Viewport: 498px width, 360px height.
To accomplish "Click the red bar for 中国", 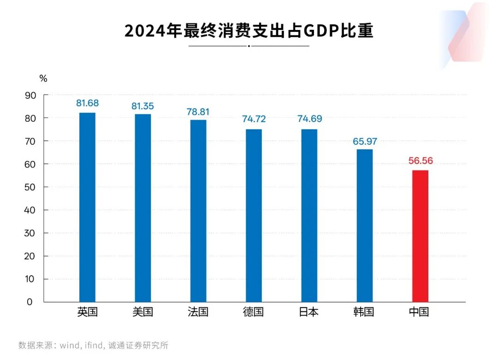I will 420,236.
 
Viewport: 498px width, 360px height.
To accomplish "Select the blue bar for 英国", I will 87,207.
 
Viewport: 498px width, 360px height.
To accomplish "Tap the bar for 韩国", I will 364,225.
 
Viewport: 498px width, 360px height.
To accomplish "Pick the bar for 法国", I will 198,211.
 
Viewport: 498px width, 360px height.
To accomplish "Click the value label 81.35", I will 142,106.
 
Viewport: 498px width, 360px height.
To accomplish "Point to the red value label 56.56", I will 421,161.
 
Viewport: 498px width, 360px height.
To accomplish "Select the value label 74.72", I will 254,119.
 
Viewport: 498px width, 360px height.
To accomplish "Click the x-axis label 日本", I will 308,312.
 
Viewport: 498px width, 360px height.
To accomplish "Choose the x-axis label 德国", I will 253,312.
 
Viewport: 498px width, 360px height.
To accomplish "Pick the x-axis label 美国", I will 142,312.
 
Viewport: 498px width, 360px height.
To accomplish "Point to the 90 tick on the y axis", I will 30,95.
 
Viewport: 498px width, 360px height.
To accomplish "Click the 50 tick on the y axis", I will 30,187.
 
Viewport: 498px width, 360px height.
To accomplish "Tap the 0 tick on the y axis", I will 30,302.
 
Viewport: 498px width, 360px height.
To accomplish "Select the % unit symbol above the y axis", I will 43,79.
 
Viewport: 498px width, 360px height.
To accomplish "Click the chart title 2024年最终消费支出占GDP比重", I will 249,31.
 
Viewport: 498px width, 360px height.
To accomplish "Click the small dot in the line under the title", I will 249,46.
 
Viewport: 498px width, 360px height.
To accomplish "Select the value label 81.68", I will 88,103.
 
